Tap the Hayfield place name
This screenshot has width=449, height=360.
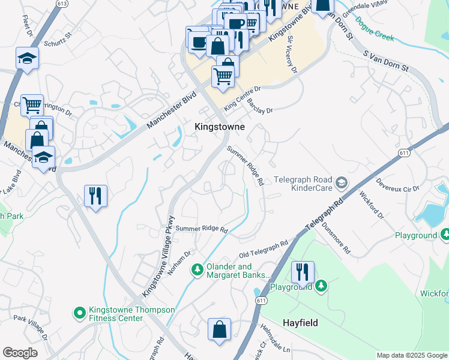pyautogui.click(x=300, y=323)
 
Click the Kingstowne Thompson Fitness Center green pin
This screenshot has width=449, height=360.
pyautogui.click(x=79, y=313)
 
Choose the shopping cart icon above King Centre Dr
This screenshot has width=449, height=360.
pyautogui.click(x=223, y=76)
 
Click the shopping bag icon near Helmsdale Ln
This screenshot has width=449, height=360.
pyautogui.click(x=219, y=329)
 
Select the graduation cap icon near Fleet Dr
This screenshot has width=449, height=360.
pyautogui.click(x=27, y=59)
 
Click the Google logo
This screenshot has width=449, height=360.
pyautogui.click(x=20, y=353)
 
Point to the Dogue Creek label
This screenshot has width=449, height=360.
pyautogui.click(x=375, y=29)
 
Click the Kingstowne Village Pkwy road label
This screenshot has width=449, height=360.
pyautogui.click(x=158, y=256)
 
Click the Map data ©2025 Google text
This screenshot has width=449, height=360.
pyautogui.click(x=412, y=355)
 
